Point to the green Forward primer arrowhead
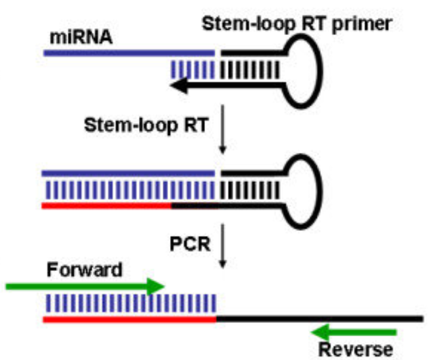156,286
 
